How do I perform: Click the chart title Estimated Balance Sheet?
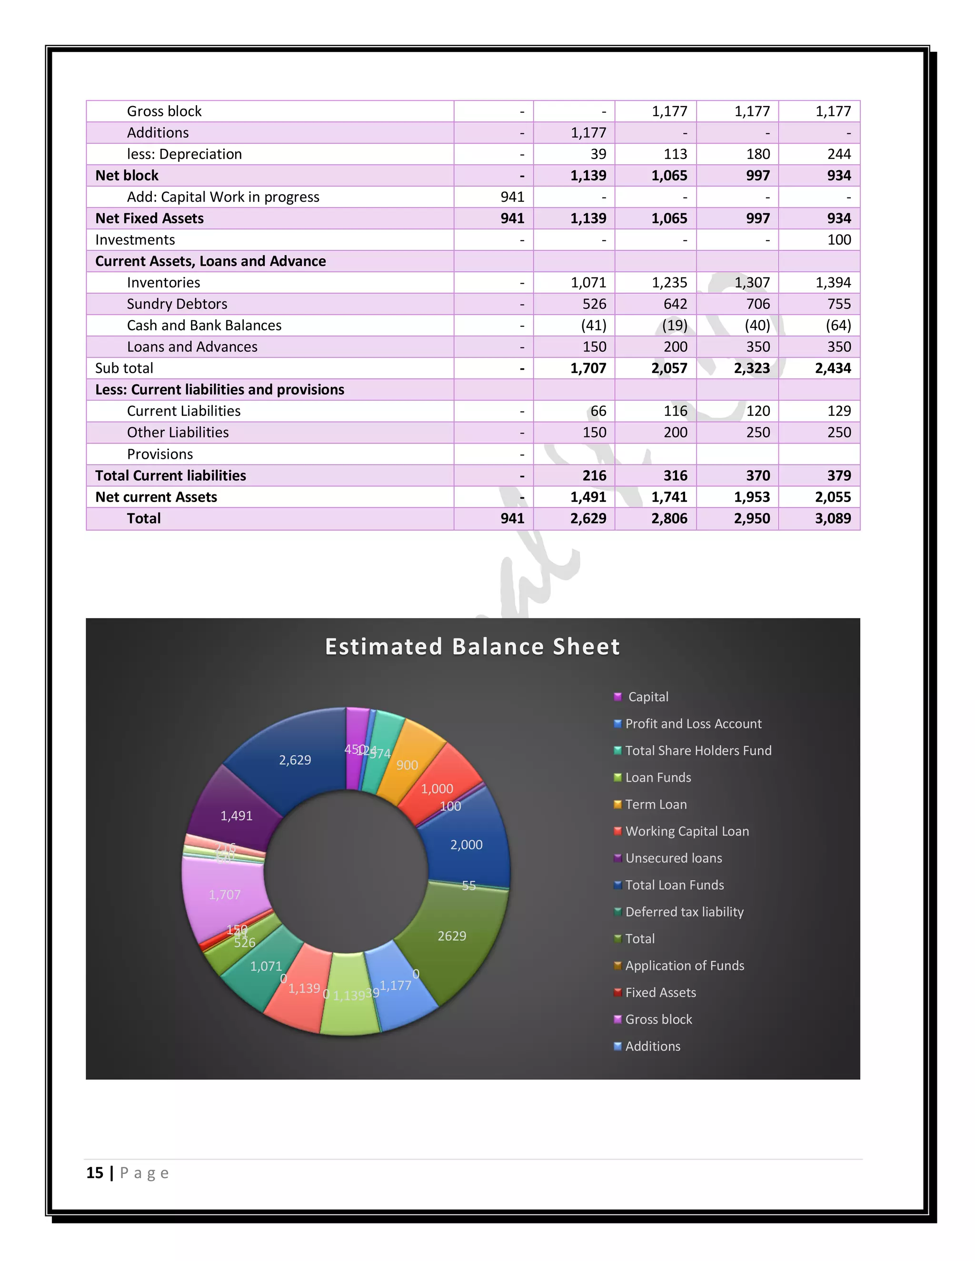(x=472, y=647)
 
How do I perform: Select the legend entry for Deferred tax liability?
(x=684, y=912)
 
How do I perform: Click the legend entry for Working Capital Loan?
(x=687, y=831)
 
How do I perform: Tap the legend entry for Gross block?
(x=658, y=1019)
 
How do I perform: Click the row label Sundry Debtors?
(x=177, y=304)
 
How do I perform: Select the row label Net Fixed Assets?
(x=149, y=218)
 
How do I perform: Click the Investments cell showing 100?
(x=839, y=240)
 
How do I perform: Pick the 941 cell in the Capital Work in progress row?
(x=512, y=197)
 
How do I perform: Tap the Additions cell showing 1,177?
(x=588, y=133)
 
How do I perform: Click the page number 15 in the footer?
(x=95, y=1172)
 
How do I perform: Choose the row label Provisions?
(x=160, y=454)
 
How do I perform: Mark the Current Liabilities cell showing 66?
(x=598, y=411)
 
